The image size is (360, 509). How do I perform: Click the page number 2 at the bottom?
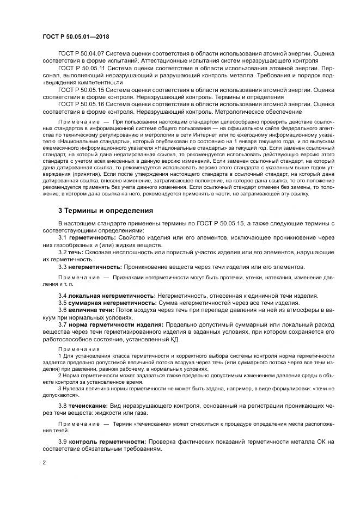tap(45, 463)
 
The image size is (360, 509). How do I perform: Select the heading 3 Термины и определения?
tap(106, 210)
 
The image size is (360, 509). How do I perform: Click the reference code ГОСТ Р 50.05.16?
tap(81, 103)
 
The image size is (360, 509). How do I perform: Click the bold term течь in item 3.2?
tap(75, 253)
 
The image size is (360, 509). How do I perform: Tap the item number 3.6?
tap(62, 310)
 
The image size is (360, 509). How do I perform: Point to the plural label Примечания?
tap(76, 348)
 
